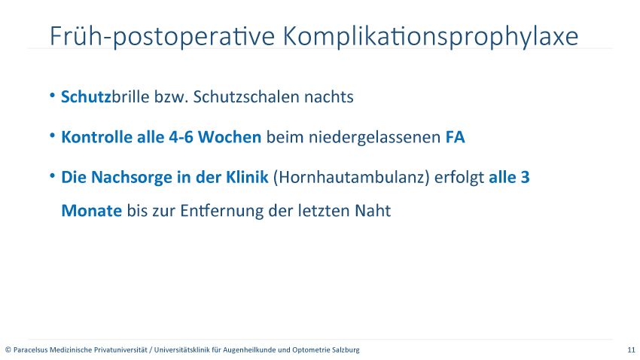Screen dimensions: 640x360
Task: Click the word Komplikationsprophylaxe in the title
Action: click(x=431, y=37)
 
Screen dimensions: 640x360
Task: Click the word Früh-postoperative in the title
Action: click(x=163, y=37)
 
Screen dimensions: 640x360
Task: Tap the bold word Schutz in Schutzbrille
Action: click(x=86, y=96)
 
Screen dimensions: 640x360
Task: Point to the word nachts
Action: click(x=329, y=96)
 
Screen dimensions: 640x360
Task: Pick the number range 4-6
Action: click(x=181, y=137)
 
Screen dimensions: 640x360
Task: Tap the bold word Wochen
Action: click(x=230, y=137)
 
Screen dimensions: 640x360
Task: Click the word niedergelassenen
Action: click(x=374, y=138)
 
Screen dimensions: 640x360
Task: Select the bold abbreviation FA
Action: click(x=455, y=137)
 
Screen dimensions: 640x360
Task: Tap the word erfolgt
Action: click(x=459, y=178)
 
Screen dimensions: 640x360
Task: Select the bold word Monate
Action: click(x=91, y=211)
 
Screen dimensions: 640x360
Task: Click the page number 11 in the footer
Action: click(x=632, y=349)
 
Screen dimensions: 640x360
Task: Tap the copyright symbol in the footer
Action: click(x=8, y=349)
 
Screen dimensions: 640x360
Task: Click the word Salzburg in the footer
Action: click(x=346, y=349)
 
